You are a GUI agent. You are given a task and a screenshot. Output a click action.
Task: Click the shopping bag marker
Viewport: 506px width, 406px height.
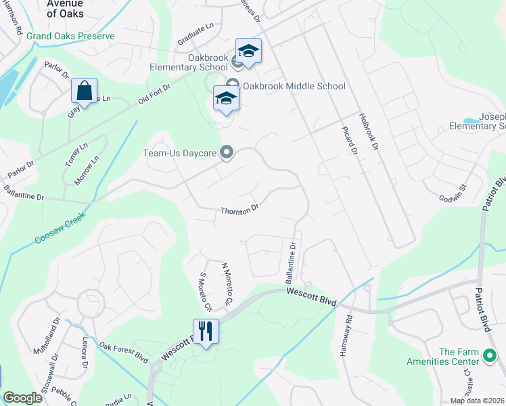(85, 91)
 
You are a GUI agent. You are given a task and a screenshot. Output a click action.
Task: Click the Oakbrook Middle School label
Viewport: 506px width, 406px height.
(294, 86)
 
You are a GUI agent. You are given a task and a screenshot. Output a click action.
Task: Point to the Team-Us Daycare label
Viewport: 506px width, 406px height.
(179, 154)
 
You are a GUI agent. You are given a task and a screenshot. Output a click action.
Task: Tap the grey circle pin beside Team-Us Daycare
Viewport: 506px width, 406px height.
(228, 154)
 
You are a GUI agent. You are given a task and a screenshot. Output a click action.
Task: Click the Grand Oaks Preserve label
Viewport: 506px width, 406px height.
(71, 36)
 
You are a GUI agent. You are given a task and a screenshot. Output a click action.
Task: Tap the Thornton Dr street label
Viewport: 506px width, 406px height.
(240, 210)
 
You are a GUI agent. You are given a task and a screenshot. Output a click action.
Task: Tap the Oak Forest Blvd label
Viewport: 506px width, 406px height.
(123, 352)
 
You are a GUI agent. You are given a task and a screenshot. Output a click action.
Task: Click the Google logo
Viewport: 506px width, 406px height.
(22, 398)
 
